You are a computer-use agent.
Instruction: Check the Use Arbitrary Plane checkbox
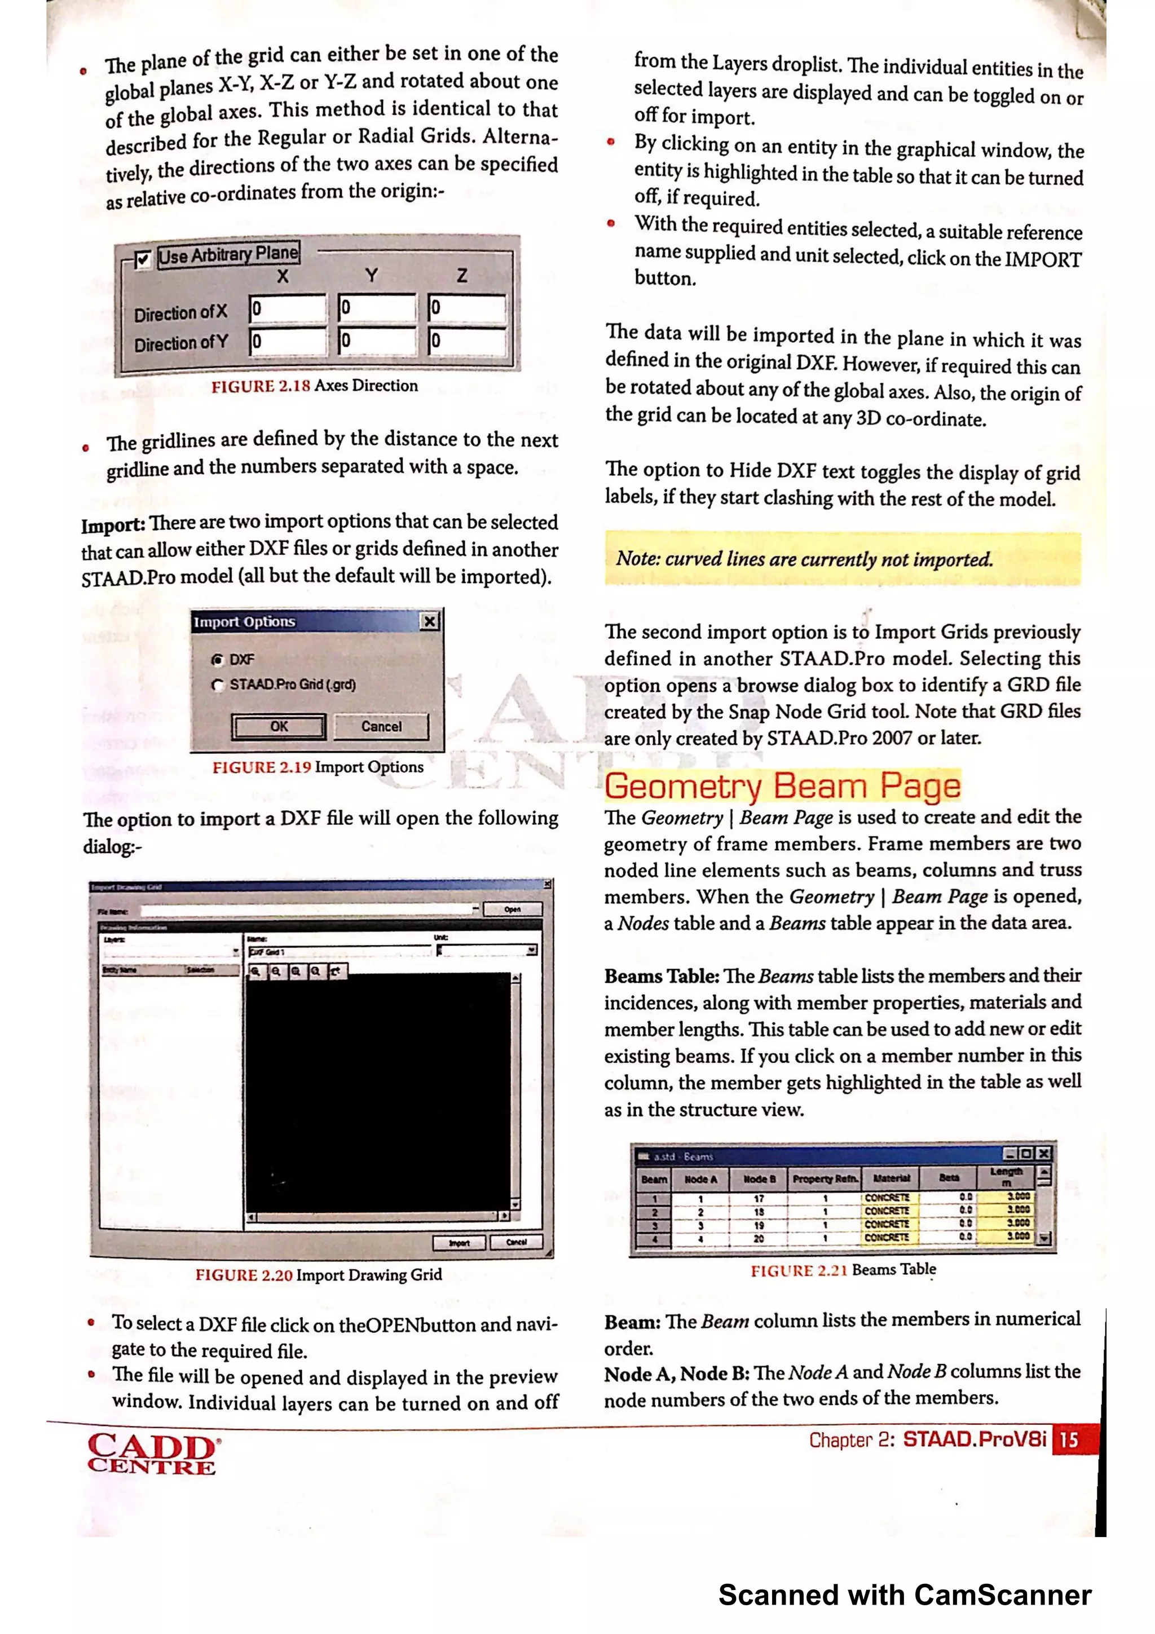(143, 260)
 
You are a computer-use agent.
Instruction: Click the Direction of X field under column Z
(467, 308)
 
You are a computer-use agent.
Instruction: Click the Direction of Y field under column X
(288, 342)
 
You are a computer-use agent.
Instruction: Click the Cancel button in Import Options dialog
(381, 727)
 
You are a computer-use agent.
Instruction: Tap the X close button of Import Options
(430, 622)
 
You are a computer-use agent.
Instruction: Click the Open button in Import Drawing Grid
(513, 909)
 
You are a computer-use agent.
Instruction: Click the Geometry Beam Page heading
(782, 787)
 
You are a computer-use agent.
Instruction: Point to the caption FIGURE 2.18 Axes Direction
(314, 386)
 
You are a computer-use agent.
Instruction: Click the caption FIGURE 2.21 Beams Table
(843, 1270)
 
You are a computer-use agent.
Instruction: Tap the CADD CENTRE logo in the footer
(152, 1453)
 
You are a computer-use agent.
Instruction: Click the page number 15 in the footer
(1068, 1441)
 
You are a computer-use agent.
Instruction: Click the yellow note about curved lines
(842, 559)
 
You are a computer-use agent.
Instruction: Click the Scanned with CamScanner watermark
(905, 1595)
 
